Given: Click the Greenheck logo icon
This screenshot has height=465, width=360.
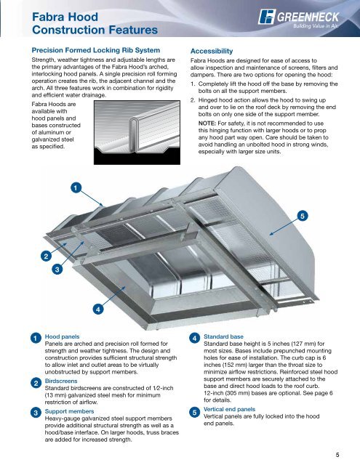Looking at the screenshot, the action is (x=266, y=17).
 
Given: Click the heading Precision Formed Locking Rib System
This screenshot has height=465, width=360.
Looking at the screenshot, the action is (x=96, y=50).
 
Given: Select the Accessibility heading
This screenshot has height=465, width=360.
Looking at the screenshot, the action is (x=212, y=51).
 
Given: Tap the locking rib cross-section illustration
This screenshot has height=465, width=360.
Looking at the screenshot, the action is (x=137, y=132).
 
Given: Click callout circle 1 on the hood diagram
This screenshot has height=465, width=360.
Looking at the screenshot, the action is (x=76, y=187).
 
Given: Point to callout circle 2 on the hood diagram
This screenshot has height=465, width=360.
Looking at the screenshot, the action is (x=46, y=256).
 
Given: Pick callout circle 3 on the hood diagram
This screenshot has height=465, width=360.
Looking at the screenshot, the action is (x=57, y=270).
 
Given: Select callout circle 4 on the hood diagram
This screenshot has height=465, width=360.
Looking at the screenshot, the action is (x=98, y=310).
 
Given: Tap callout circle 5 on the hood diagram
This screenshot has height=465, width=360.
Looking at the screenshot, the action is (x=302, y=216).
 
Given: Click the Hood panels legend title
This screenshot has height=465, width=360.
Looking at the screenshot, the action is (x=62, y=336).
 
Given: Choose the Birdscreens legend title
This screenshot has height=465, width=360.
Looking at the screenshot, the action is (x=61, y=381).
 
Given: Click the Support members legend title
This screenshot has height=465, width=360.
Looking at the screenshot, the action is (x=69, y=411).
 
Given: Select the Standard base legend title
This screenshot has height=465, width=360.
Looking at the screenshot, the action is (x=223, y=336).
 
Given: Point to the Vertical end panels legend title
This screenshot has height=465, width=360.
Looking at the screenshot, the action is (x=229, y=409).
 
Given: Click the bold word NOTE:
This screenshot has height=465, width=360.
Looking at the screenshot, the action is (x=207, y=124).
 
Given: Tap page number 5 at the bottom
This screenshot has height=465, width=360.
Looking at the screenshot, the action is (x=337, y=455).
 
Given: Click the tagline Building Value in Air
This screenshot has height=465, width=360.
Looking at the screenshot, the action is (x=316, y=26).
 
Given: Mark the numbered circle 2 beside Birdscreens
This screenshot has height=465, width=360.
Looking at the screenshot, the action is (x=36, y=383).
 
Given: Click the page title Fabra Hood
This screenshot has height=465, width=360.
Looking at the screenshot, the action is (x=65, y=17).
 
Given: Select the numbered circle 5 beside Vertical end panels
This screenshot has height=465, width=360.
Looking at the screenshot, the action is (x=194, y=412).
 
